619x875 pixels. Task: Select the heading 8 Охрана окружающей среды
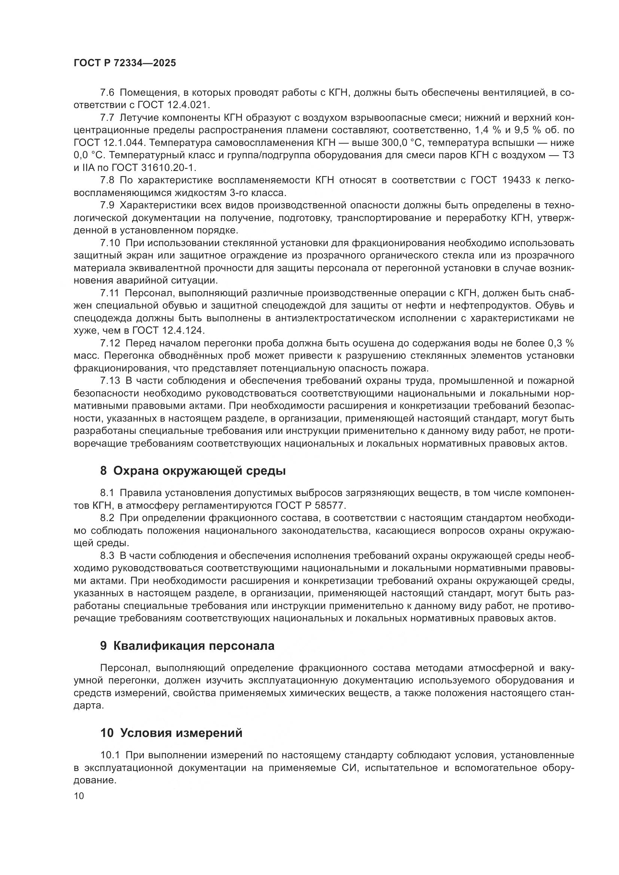pos(193,471)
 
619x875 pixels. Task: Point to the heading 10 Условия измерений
pos(171,733)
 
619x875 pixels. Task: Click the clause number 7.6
pos(107,93)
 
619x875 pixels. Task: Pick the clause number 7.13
pos(110,381)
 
